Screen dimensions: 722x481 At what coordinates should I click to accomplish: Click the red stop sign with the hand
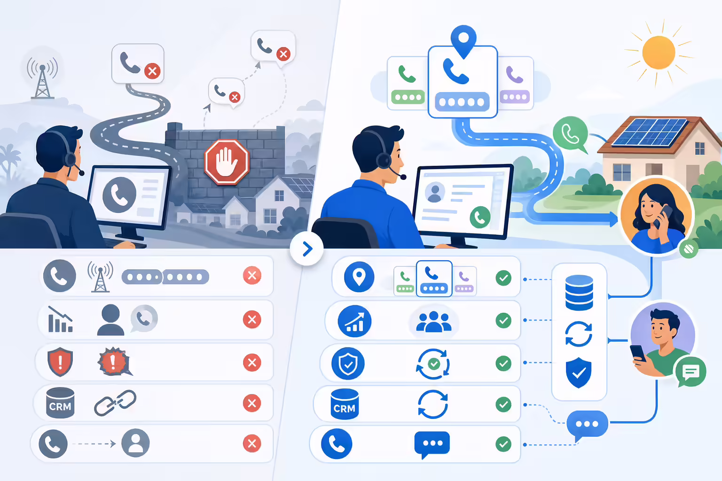(x=227, y=162)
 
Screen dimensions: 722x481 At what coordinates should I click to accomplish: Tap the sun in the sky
(x=659, y=53)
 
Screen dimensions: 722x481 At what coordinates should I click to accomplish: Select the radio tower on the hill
(x=42, y=78)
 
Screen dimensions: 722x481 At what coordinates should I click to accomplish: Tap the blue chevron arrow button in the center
(x=306, y=248)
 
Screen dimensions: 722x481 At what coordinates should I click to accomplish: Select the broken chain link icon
(x=115, y=403)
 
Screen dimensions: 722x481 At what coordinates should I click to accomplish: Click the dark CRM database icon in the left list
(x=60, y=403)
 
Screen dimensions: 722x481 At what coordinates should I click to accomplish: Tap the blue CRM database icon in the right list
(x=345, y=404)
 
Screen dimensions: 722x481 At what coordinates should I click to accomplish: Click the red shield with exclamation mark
(x=60, y=362)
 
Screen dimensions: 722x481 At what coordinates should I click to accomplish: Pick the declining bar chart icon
(x=60, y=319)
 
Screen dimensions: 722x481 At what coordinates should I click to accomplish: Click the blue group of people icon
(x=433, y=321)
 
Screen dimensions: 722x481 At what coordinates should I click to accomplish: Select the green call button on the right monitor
(x=480, y=217)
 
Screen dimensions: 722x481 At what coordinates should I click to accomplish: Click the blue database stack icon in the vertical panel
(x=579, y=293)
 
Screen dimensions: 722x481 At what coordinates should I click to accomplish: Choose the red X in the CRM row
(x=252, y=403)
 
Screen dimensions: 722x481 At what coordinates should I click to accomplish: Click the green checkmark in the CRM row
(x=503, y=404)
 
